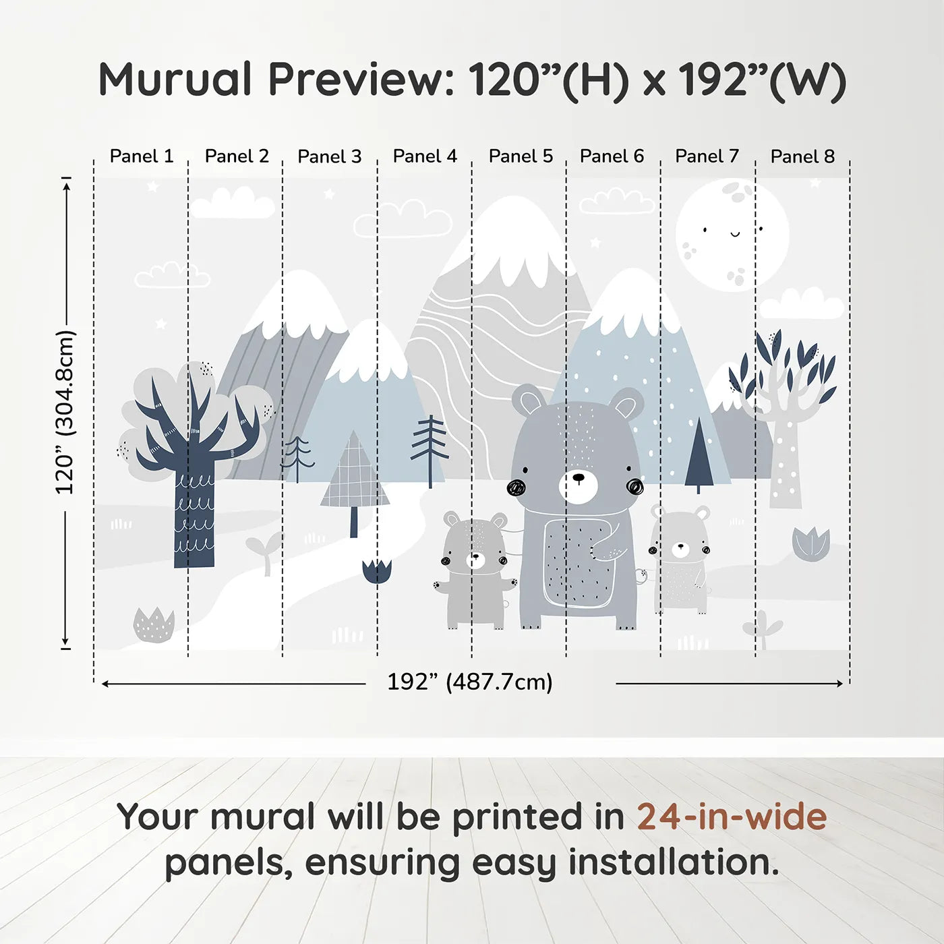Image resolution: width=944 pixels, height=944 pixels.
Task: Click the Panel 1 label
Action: pos(142,156)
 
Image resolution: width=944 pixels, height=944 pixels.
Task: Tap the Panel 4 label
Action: pos(425,156)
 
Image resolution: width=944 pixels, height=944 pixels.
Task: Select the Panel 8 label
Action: pos(802,156)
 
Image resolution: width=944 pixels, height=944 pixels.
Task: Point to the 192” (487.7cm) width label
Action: pos(470,682)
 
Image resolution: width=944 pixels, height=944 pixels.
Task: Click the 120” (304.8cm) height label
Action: pos(65,412)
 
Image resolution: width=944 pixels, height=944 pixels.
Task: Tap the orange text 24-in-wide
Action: pos(732,817)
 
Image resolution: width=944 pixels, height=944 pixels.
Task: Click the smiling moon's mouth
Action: pos(734,234)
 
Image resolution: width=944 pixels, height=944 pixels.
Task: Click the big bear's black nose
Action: pos(579,477)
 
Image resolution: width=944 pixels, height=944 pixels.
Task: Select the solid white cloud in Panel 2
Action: pos(232,204)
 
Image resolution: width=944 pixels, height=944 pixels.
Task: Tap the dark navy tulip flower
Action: pos(377,571)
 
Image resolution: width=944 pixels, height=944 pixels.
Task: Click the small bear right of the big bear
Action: pos(680,559)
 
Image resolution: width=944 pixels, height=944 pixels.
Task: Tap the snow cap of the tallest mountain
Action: pos(510,245)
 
